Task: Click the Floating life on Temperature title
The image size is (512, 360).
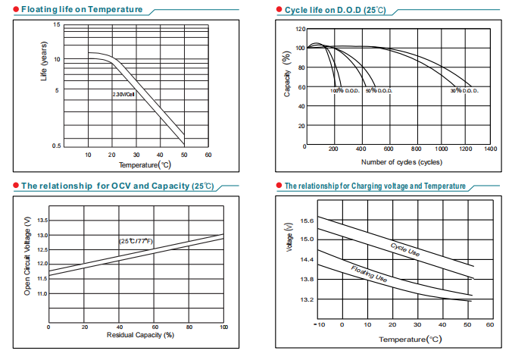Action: coord(81,9)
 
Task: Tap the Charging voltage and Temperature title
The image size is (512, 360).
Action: coord(374,186)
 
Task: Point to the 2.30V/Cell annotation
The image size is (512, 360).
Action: coord(123,94)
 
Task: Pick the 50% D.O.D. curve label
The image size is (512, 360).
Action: coord(378,91)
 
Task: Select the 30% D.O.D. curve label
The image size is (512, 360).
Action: coord(464,91)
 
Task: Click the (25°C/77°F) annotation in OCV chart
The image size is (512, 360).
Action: coord(136,240)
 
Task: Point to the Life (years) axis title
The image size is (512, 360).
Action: coord(44,66)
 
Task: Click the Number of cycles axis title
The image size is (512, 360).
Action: coord(401,161)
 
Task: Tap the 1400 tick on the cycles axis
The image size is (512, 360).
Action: coord(490,149)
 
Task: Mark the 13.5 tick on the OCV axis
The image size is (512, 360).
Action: coord(42,221)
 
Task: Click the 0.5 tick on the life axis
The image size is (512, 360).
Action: coord(56,145)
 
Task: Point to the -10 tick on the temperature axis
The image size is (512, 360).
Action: coord(319,324)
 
